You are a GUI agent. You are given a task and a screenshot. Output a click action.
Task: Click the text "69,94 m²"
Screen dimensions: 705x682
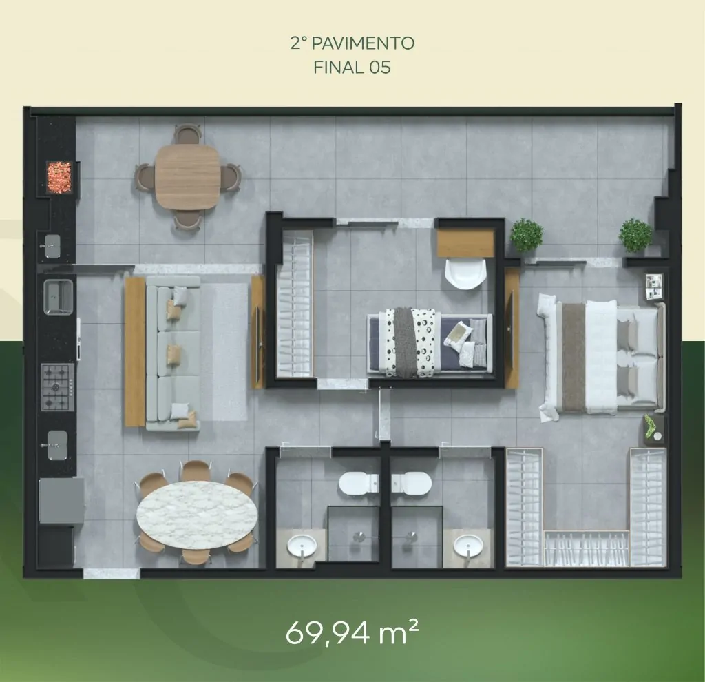[x=352, y=632]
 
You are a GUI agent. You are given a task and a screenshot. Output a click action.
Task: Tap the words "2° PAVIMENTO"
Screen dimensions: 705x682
[x=352, y=43]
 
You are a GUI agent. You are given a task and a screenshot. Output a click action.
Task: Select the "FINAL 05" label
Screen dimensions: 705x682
[x=352, y=68]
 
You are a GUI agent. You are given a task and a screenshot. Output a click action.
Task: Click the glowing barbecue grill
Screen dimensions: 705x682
[x=59, y=177]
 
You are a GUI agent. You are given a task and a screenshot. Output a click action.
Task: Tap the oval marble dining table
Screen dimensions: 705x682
[x=197, y=515]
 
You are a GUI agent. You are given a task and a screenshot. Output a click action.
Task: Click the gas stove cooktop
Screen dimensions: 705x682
[x=58, y=387]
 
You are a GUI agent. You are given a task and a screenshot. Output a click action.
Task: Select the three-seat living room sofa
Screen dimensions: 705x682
[x=173, y=353]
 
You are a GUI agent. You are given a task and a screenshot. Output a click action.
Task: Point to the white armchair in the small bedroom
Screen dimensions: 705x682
[x=466, y=273]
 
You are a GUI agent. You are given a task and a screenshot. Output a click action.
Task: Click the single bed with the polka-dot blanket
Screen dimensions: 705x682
[x=430, y=342]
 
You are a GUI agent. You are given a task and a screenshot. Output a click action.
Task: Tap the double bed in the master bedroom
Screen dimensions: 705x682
[x=602, y=358]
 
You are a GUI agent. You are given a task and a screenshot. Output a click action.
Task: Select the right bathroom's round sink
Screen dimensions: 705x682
[x=467, y=546]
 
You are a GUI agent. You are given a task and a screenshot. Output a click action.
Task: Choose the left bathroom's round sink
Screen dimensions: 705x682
[x=302, y=546]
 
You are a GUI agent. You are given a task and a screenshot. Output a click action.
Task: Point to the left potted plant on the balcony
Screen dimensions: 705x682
[x=527, y=235]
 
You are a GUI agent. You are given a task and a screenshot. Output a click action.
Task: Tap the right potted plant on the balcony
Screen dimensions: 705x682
[x=635, y=235]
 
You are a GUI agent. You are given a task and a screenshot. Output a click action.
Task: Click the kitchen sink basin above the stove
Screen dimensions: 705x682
[x=58, y=297]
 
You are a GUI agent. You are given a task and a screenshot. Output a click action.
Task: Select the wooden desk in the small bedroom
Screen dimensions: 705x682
[x=466, y=243]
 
